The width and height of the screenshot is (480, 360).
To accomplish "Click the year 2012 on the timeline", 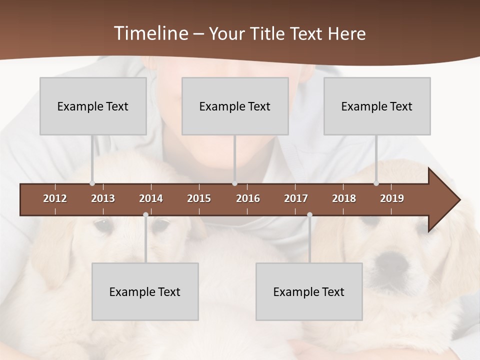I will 55,198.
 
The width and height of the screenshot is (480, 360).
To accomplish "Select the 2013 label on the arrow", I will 103,198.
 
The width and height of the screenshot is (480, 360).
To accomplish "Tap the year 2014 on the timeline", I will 151,198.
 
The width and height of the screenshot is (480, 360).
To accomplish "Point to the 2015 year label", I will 199,198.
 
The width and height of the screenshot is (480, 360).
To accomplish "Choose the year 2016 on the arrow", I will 248,198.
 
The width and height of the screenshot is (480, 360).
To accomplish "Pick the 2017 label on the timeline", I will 296,198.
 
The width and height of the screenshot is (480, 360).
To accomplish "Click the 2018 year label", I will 344,198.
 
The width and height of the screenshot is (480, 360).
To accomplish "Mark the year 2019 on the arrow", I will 392,198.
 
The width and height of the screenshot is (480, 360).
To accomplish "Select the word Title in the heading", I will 268,34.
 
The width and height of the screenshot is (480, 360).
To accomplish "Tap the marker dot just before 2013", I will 92,183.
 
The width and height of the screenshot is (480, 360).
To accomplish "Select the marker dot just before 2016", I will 234,183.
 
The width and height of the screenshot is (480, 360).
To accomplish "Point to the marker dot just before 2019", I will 376,183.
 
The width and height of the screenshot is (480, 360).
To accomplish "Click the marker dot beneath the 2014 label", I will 145,215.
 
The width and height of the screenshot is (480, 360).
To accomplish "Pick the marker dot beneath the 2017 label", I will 309,215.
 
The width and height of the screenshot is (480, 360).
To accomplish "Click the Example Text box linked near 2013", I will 93,106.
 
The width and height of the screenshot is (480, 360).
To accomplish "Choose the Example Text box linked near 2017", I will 309,291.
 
